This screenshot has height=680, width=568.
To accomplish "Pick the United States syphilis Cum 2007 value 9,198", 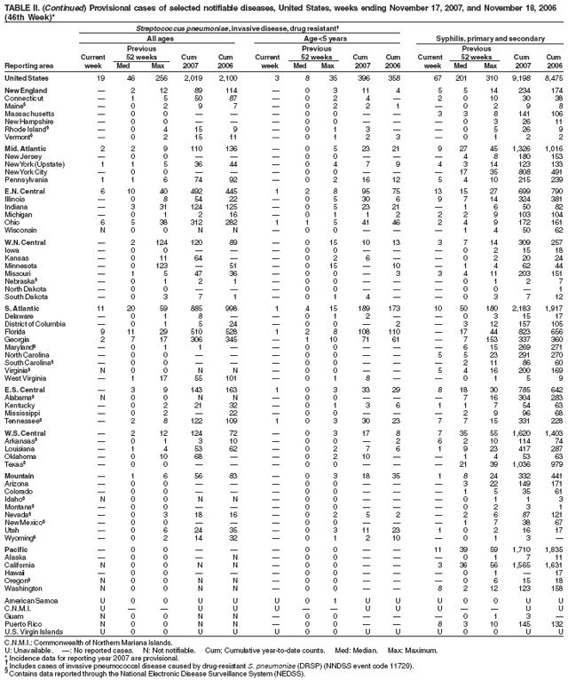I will point(520,78).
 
